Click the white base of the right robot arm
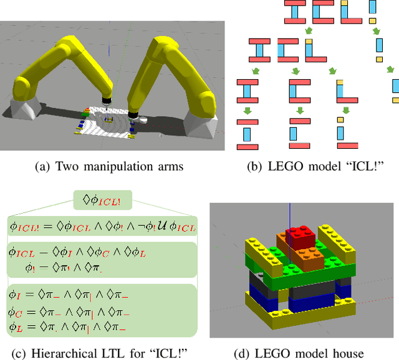[x=203, y=128]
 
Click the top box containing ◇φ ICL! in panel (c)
[x=103, y=200]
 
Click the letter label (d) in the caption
[x=241, y=353]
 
